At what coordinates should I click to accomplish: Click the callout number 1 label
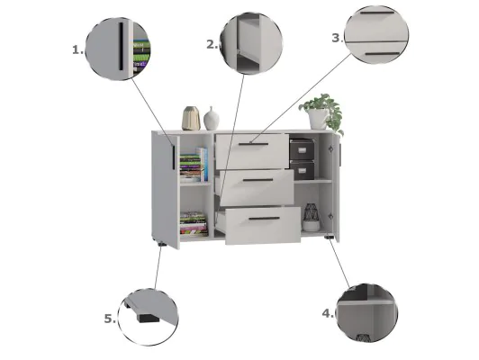pyautogui.click(x=77, y=49)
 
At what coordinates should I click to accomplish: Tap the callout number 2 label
pyautogui.click(x=212, y=45)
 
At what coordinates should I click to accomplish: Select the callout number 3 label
pyautogui.click(x=338, y=38)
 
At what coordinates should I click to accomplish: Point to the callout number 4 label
pyautogui.click(x=328, y=313)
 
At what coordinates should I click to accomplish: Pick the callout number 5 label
pyautogui.click(x=110, y=319)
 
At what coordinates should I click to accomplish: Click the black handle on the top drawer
pyautogui.click(x=254, y=144)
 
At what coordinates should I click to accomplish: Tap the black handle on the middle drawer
pyautogui.click(x=258, y=180)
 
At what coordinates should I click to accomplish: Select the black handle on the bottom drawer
pyautogui.click(x=264, y=219)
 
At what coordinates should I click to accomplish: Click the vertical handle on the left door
pyautogui.click(x=173, y=157)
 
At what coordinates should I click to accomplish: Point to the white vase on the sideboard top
pyautogui.click(x=212, y=119)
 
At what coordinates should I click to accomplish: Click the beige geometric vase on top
pyautogui.click(x=191, y=118)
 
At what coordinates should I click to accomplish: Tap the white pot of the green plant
pyautogui.click(x=318, y=119)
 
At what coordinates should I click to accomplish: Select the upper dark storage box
pyautogui.click(x=302, y=149)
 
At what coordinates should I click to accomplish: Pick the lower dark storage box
pyautogui.click(x=303, y=170)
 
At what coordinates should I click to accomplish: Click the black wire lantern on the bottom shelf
pyautogui.click(x=312, y=217)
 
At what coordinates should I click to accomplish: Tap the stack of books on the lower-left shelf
pyautogui.click(x=194, y=223)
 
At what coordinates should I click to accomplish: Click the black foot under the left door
pyautogui.click(x=162, y=244)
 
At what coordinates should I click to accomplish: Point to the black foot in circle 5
pyautogui.click(x=149, y=319)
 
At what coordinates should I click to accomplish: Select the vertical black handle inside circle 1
pyautogui.click(x=121, y=46)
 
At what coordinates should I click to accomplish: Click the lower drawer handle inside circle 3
pyautogui.click(x=383, y=54)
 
